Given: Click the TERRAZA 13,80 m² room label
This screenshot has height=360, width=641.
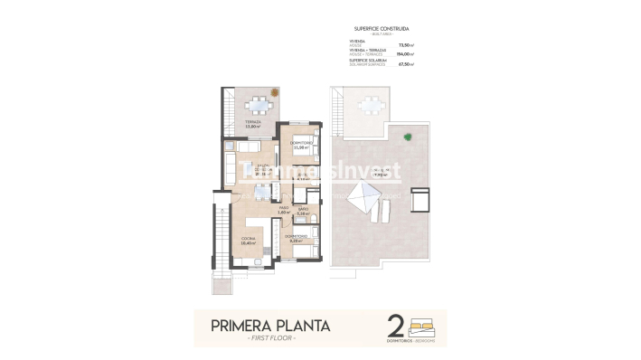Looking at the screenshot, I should click(x=253, y=124).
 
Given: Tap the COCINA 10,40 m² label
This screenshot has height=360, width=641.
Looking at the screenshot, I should click(x=247, y=242).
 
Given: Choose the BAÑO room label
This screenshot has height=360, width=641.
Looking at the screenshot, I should click(x=303, y=211).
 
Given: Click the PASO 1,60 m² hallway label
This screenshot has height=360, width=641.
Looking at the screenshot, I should click(x=283, y=210).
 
